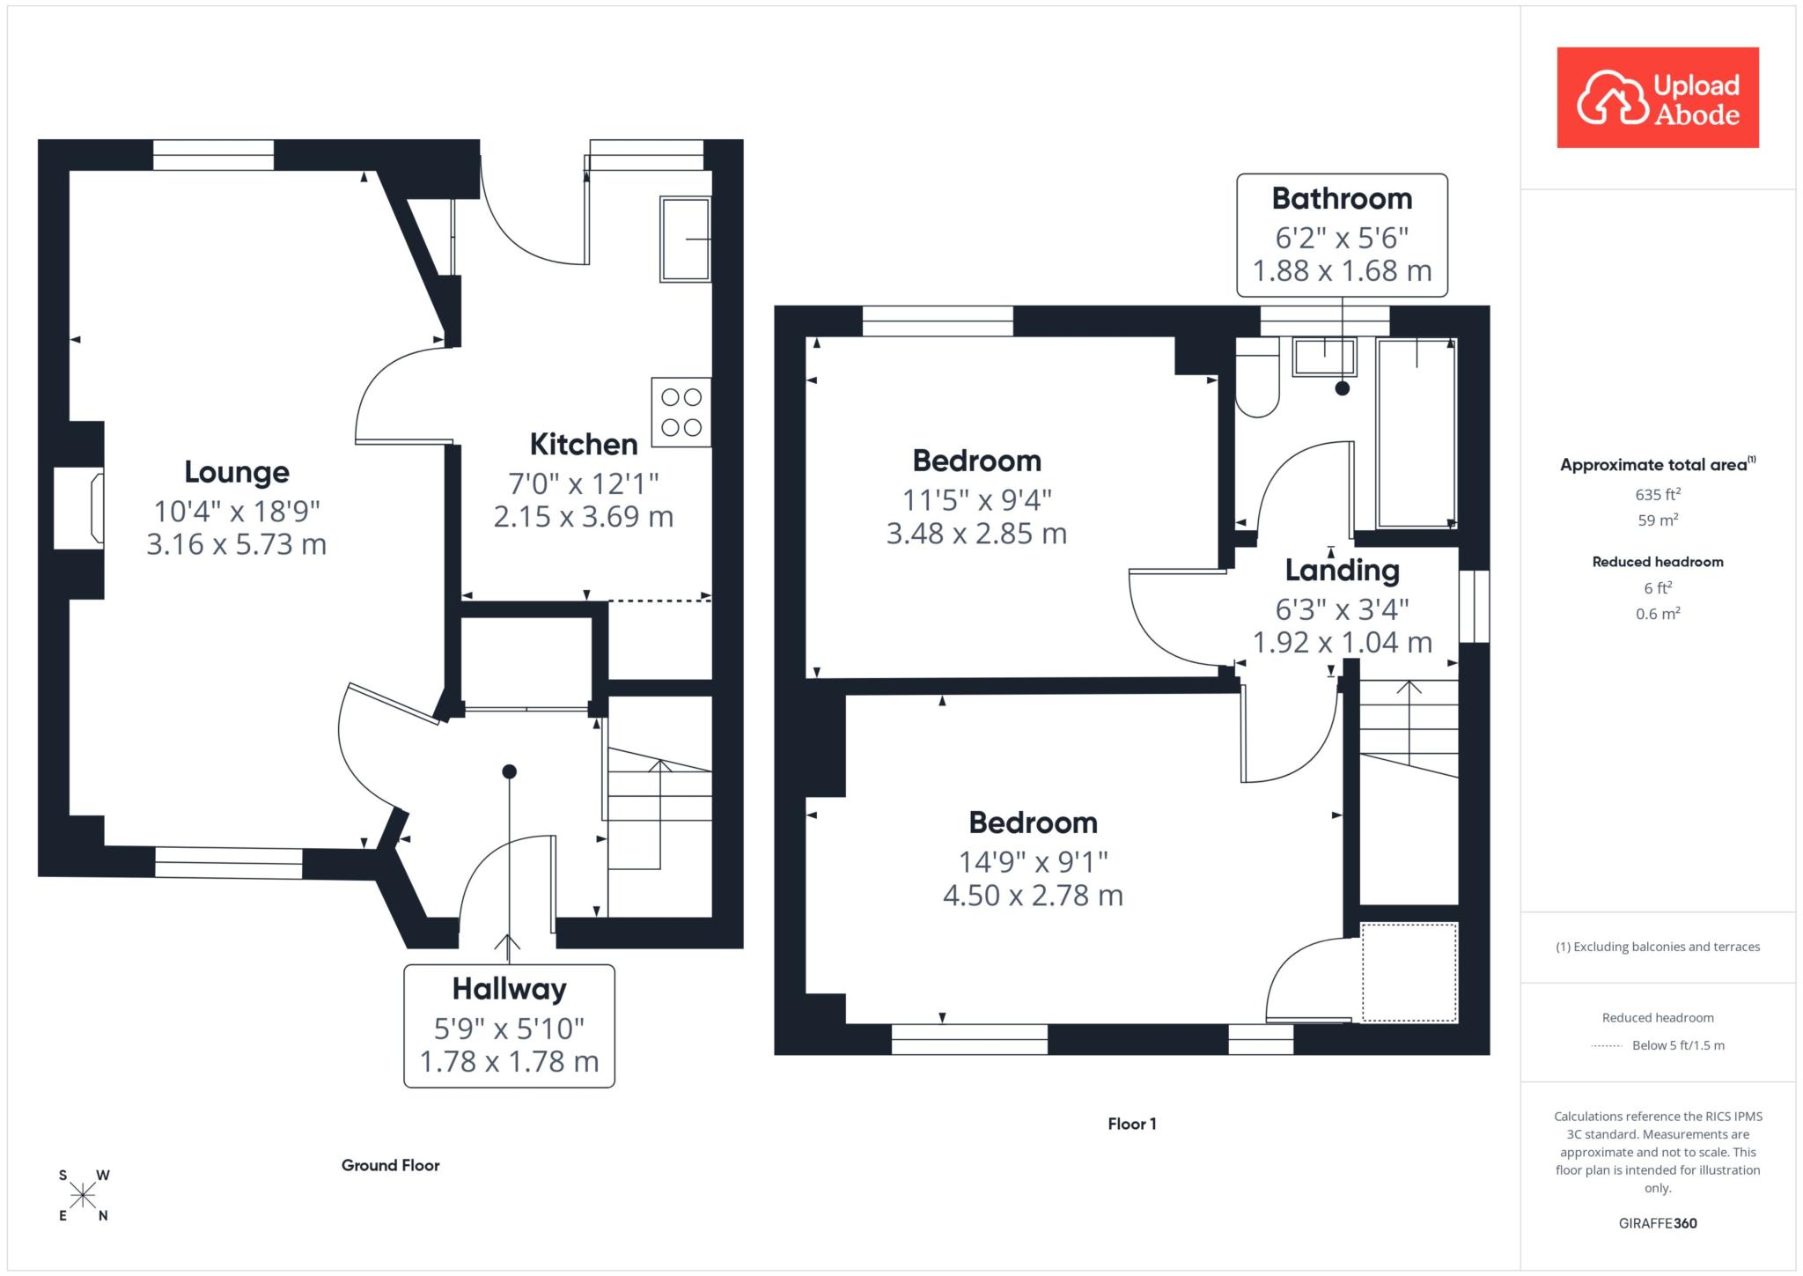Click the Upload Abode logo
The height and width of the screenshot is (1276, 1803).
[1658, 98]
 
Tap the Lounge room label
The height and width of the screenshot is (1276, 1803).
[237, 472]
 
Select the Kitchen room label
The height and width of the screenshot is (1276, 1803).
[584, 445]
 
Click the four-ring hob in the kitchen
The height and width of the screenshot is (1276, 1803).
[681, 412]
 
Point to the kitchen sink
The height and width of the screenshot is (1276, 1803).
[685, 240]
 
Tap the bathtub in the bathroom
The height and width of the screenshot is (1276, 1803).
[1417, 432]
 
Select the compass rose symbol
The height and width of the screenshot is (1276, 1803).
[84, 1195]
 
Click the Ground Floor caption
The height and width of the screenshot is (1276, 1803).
[391, 1165]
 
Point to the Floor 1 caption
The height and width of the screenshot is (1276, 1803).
[1132, 1124]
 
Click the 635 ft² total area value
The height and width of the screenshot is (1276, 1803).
[1658, 494]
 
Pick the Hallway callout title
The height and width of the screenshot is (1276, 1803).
[509, 989]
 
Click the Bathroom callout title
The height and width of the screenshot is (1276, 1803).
[1342, 199]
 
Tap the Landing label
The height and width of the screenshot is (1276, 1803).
[1342, 571]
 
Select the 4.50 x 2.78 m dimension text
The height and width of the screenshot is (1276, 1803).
[1033, 896]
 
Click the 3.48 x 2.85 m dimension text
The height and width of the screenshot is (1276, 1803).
[976, 534]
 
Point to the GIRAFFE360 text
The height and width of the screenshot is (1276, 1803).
[1658, 1223]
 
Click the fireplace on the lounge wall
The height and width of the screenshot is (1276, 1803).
[79, 508]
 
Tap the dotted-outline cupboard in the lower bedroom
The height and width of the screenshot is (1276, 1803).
[1409, 972]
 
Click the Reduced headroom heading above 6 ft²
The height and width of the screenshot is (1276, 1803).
[1658, 562]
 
